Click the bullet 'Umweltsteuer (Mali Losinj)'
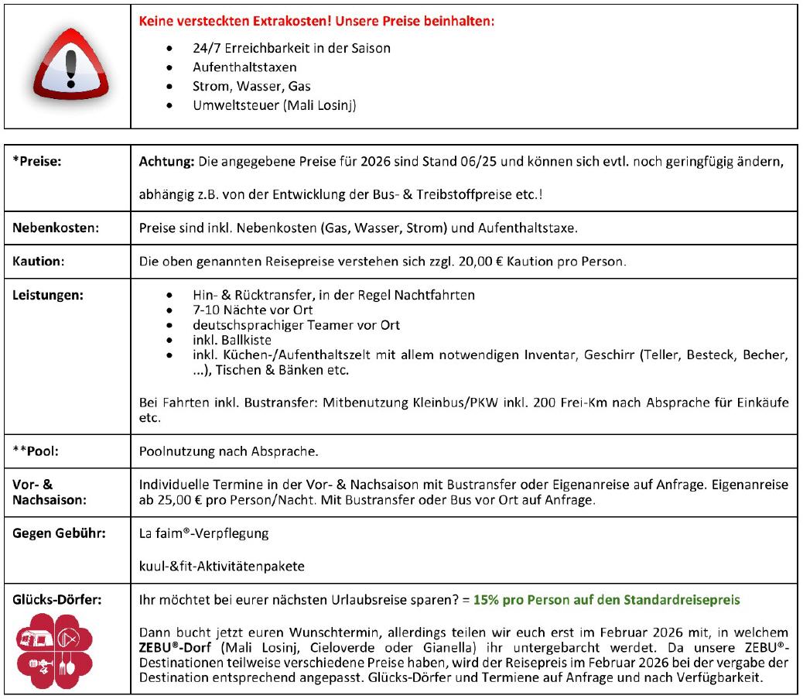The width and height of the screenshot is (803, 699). click(274, 106)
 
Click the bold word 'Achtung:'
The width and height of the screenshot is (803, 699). click(166, 163)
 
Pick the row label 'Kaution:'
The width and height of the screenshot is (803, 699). click(38, 262)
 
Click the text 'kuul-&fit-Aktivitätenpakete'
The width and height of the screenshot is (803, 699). click(221, 566)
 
